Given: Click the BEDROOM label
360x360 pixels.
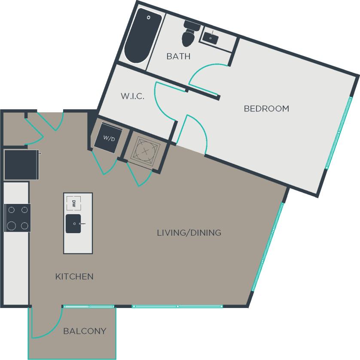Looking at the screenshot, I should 266,108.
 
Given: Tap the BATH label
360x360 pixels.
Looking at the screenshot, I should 178,56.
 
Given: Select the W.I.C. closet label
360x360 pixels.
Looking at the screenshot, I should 132,96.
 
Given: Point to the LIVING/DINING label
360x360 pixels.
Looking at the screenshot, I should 189,233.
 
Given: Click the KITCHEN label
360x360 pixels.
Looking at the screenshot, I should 74,276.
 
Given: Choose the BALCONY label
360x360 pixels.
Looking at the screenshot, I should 85,331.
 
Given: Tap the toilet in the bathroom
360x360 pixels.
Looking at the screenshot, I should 189,34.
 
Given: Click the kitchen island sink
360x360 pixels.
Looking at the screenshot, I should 73,224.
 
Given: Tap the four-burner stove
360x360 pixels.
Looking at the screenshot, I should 18,218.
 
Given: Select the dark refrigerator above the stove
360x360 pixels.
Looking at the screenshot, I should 21,165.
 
